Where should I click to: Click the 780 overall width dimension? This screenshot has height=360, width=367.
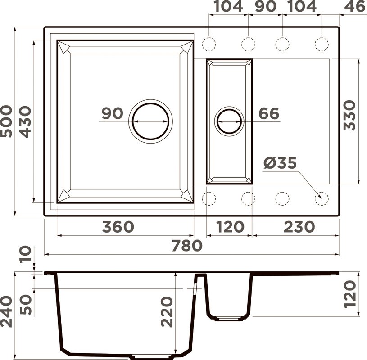click(187, 245)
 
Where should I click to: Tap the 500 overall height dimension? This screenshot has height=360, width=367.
click(6, 121)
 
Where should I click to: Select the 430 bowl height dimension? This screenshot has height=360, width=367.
click(25, 122)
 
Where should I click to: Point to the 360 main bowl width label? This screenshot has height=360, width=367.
click(118, 227)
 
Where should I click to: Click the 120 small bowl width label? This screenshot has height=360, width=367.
click(230, 227)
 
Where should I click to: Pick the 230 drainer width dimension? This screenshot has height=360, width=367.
click(299, 227)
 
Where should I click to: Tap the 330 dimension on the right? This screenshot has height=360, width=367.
click(349, 115)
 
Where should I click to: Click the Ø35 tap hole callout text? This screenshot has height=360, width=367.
click(280, 163)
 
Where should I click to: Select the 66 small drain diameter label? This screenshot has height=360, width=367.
click(269, 113)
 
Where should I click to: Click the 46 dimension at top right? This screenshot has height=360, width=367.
click(354, 6)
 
